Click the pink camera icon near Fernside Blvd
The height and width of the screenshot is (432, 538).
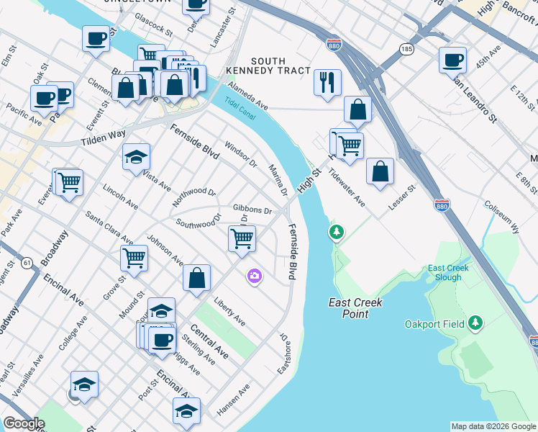pyautogui.click(x=254, y=276)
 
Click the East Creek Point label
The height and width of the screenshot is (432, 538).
pyautogui.click(x=355, y=308)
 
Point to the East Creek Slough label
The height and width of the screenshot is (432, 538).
pyautogui.click(x=448, y=273)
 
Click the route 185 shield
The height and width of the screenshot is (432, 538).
pyautogui.click(x=407, y=50)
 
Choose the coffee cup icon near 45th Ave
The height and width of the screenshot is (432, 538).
pyautogui.click(x=453, y=60)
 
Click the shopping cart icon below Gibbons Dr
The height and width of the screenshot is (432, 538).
pyautogui.click(x=242, y=238)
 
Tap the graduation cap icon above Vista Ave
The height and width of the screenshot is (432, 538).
pyautogui.click(x=135, y=158)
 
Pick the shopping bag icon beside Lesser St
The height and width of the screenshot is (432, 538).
pyautogui.click(x=380, y=172)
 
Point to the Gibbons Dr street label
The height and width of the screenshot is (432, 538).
pyautogui.click(x=252, y=210)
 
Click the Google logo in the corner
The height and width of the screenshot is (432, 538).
pyautogui.click(x=24, y=423)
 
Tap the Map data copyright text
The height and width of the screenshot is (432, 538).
pyautogui.click(x=493, y=426)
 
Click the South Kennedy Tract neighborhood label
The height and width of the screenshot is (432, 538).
pyautogui.click(x=278, y=66)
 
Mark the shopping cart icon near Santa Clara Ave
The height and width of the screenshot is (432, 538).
pyautogui.click(x=134, y=257)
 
